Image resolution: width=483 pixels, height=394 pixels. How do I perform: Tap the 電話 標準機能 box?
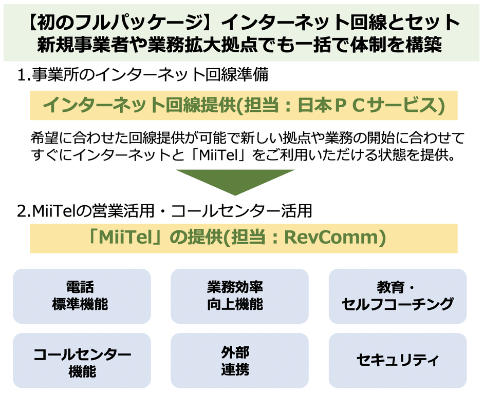[x=82, y=296]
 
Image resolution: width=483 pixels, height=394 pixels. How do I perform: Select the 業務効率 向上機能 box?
[x=239, y=296]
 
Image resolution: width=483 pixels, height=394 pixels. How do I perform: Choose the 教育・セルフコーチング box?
[x=397, y=296]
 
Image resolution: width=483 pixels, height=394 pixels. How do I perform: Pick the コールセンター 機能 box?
[x=82, y=362]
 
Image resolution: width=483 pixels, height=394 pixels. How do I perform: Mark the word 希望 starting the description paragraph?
[x=43, y=139]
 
